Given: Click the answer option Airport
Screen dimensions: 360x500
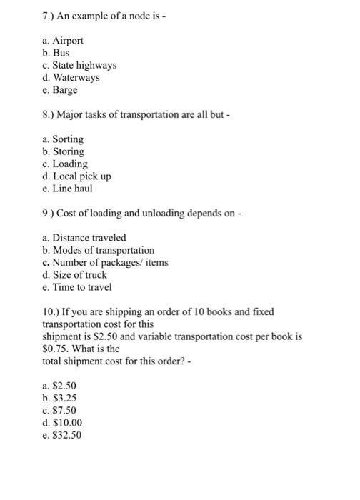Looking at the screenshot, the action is pyautogui.click(x=68, y=41).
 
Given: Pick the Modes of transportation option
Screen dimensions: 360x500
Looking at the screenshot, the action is pyautogui.click(x=104, y=250).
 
